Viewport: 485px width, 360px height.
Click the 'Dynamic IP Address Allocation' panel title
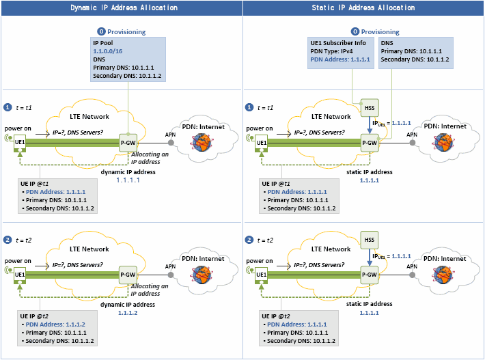click(x=124, y=8)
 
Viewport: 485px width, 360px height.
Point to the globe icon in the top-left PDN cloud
click(x=203, y=141)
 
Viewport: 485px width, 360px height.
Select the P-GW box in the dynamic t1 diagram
click(x=128, y=141)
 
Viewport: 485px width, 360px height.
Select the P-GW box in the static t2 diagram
click(x=370, y=275)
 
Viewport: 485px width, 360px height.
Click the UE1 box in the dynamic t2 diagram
click(x=20, y=275)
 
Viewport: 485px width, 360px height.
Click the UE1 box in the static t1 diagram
click(x=262, y=141)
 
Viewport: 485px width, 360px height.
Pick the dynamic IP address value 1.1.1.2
click(x=127, y=312)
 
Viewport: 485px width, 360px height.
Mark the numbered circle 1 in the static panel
click(x=249, y=107)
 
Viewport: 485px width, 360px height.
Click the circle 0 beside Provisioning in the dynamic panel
click(x=101, y=31)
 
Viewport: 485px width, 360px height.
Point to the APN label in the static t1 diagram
click(x=412, y=134)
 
